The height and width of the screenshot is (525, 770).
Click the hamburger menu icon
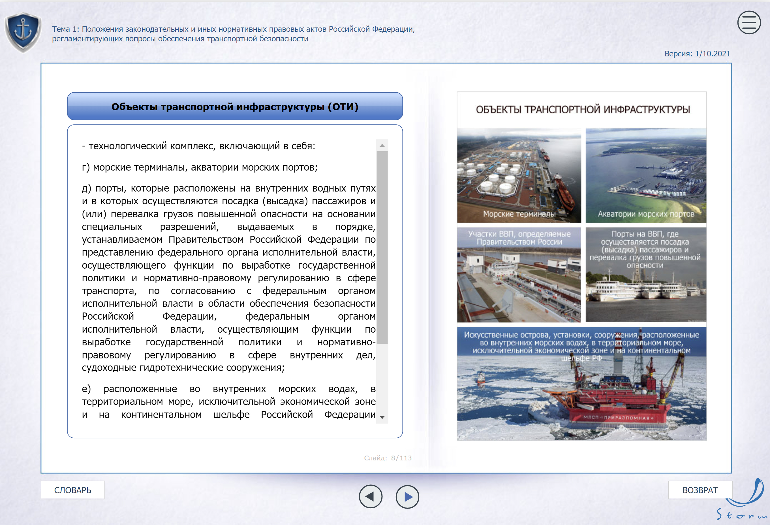coord(749,23)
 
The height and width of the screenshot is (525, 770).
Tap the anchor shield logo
coord(23,32)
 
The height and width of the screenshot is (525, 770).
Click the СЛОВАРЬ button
coord(73,490)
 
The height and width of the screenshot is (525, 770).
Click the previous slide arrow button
coord(371,496)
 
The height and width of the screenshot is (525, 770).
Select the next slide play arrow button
coord(407,496)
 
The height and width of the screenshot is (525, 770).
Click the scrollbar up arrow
coord(382,146)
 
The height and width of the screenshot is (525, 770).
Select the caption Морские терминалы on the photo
coord(519,214)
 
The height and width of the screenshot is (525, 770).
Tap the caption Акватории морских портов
coord(646,214)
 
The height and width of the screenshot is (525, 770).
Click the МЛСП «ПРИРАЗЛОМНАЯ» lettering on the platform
coord(618,418)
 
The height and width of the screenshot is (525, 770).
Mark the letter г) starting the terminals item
coord(86,167)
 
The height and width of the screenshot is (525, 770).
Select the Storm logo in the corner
coord(744,501)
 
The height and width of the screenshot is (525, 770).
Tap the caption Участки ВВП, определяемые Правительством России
coord(519,238)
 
